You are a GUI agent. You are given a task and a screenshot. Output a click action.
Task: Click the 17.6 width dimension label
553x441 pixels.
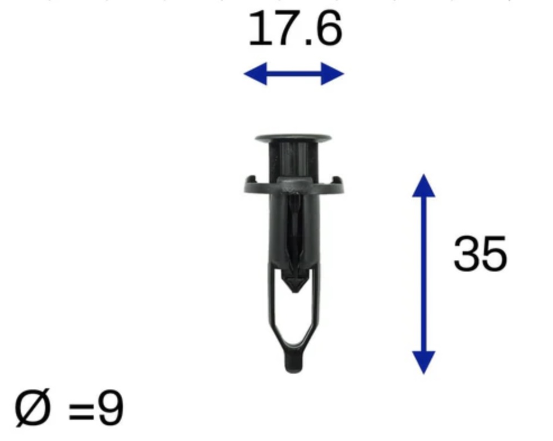[295, 29]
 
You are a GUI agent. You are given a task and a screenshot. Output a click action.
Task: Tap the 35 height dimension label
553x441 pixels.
[480, 253]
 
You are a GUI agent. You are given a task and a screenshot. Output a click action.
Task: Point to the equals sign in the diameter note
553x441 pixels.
[81, 411]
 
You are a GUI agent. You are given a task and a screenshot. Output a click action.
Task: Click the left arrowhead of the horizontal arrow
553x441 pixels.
[255, 73]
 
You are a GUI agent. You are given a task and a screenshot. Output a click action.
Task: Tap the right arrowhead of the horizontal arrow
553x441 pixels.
[332, 73]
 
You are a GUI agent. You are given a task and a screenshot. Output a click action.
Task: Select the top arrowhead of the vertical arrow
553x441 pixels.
[423, 186]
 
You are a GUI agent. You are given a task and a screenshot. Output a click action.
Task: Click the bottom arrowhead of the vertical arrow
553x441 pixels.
[423, 362]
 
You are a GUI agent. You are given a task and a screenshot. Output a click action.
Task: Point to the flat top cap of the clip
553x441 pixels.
[293, 138]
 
